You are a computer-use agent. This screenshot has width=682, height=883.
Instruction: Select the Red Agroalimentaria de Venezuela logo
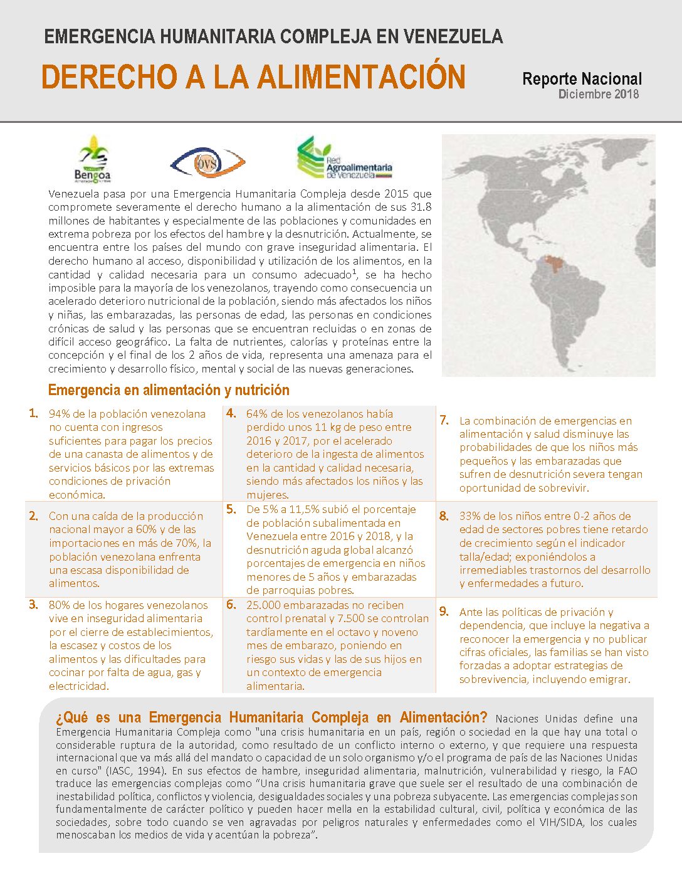click(344, 158)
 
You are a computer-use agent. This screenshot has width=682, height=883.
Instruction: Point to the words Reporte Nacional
click(582, 79)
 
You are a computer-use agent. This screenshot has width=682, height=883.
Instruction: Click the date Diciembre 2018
click(599, 94)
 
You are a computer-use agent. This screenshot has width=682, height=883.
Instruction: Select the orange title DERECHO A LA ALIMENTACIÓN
click(253, 77)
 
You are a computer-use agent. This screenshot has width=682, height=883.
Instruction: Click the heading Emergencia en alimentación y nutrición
click(169, 390)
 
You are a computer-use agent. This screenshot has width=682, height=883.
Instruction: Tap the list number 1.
click(33, 413)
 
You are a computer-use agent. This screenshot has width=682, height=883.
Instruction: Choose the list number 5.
click(231, 509)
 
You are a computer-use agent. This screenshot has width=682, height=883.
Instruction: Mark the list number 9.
click(444, 611)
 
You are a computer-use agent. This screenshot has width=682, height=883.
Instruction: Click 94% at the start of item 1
click(60, 414)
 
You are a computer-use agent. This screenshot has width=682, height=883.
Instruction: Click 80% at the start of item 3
click(60, 605)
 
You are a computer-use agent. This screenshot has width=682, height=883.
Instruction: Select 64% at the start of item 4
click(257, 414)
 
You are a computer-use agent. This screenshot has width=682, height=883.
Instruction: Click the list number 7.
click(444, 420)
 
